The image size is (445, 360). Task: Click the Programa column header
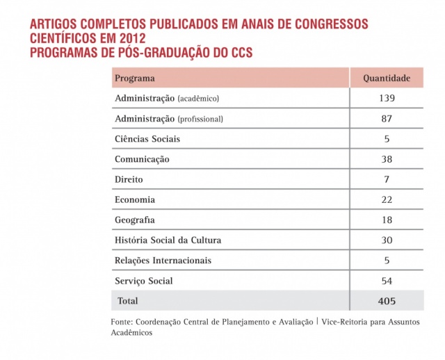[x=134, y=78]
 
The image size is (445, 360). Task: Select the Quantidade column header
[x=387, y=78]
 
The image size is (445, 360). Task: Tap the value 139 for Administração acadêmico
[x=387, y=99]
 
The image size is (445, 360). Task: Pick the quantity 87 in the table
[x=387, y=119]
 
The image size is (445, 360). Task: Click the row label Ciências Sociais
[x=147, y=139]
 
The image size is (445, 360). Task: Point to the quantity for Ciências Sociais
[x=387, y=139]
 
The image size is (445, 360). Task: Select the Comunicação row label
[x=142, y=159]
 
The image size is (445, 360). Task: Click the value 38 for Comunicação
[x=387, y=159]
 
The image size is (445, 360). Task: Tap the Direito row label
[x=129, y=179]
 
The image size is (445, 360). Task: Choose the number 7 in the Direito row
[x=387, y=179]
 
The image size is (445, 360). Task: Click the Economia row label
[x=135, y=199]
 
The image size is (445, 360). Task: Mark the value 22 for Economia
[x=387, y=199]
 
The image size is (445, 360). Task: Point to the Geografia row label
[x=135, y=220]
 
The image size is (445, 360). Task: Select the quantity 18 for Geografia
[x=387, y=220]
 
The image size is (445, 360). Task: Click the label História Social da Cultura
[x=168, y=240]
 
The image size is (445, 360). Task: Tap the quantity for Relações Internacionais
[x=387, y=261]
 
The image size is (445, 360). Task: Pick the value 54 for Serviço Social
[x=387, y=281]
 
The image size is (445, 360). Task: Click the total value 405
[x=387, y=301]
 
